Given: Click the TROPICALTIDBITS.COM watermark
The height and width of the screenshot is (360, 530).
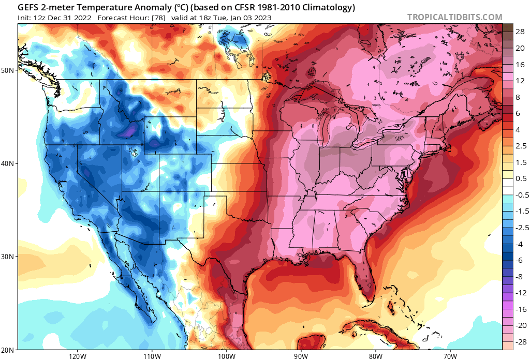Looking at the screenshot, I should point(454,17).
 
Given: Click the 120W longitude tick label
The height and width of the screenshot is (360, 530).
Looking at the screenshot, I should point(77,356).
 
